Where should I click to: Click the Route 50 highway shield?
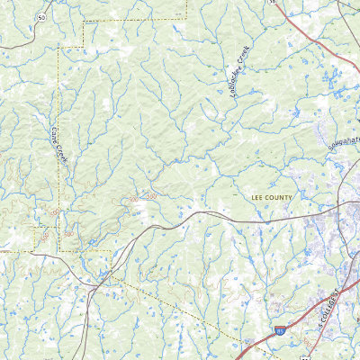click(41, 17)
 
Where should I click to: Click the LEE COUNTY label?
click(268, 195)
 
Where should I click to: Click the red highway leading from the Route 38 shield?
click(301, 27)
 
